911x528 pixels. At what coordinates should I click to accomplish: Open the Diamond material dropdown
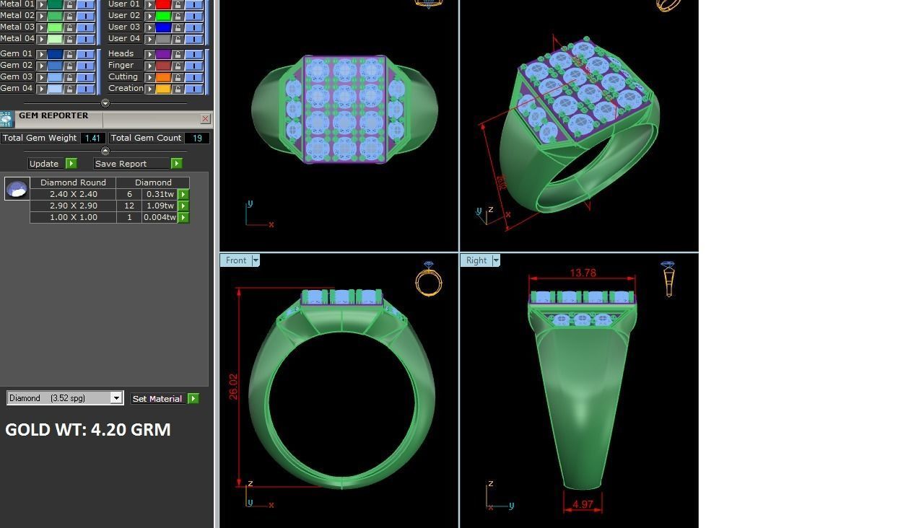[x=115, y=398]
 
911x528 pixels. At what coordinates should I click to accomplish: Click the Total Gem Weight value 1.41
[x=92, y=138]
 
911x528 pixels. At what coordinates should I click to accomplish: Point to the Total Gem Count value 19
[x=196, y=138]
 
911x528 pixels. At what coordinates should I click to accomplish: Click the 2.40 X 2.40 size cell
[x=73, y=194]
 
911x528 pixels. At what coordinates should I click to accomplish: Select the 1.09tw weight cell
[x=160, y=206]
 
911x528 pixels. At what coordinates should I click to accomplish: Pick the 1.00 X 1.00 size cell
[x=73, y=217]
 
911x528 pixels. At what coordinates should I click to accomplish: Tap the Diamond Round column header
[x=73, y=182]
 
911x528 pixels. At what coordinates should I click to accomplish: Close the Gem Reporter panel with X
[x=205, y=118]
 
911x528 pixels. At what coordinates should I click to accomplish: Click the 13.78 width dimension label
[x=583, y=273]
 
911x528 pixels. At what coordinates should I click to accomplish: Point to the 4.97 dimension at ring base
[x=582, y=504]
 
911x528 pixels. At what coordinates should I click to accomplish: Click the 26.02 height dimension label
[x=233, y=387]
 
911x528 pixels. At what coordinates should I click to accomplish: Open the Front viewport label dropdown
[x=255, y=260]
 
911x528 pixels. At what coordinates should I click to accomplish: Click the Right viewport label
[x=476, y=260]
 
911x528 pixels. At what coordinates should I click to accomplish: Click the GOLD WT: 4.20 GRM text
[x=88, y=430]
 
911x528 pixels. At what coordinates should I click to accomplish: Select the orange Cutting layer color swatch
[x=163, y=77]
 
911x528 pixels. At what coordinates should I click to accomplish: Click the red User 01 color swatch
[x=163, y=4]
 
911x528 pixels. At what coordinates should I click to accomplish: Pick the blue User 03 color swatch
[x=163, y=27]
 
